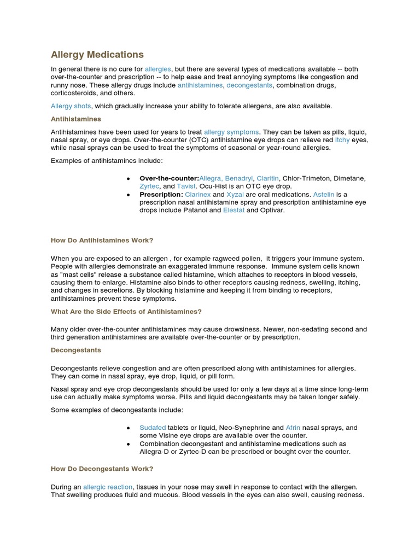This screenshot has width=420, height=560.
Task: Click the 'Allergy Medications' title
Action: pyautogui.click(x=97, y=55)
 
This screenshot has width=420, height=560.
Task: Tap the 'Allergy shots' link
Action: pyautogui.click(x=71, y=106)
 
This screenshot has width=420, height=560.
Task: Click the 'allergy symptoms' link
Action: pyautogui.click(x=231, y=132)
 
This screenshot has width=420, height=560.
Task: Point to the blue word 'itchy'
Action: pyautogui.click(x=342, y=140)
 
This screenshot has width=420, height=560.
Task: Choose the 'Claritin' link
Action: pyautogui.click(x=268, y=178)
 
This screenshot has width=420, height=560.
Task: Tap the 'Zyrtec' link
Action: pyautogui.click(x=149, y=186)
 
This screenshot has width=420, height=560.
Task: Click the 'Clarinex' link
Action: pyautogui.click(x=197, y=195)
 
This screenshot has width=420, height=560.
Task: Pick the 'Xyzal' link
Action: pyautogui.click(x=236, y=195)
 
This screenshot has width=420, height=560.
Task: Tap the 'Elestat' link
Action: pyautogui.click(x=234, y=211)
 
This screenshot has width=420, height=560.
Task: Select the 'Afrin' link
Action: pyautogui.click(x=293, y=428)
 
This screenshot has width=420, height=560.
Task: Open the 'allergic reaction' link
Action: pyautogui.click(x=108, y=487)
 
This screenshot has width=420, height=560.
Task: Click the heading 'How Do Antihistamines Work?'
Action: pyautogui.click(x=102, y=240)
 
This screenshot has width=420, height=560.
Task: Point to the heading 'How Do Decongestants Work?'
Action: pyautogui.click(x=102, y=469)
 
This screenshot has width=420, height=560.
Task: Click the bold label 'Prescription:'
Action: pyautogui.click(x=161, y=195)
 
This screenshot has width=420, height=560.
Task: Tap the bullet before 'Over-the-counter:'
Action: pyautogui.click(x=128, y=179)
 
